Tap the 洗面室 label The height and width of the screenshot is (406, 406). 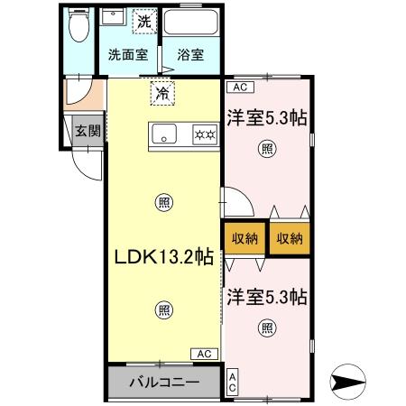(127, 54)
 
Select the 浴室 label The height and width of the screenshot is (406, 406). (190, 54)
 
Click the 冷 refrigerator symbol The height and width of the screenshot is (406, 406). (162, 92)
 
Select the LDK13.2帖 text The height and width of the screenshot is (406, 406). (162, 256)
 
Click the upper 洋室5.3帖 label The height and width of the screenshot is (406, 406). (266, 116)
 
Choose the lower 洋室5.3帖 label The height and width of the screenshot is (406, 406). (266, 295)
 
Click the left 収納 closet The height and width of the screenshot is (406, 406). (245, 238)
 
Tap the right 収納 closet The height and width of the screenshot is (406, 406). (290, 238)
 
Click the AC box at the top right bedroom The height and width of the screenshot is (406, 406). (239, 88)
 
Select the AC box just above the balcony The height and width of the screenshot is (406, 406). (204, 354)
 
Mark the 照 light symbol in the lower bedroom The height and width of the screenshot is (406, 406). (267, 328)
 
